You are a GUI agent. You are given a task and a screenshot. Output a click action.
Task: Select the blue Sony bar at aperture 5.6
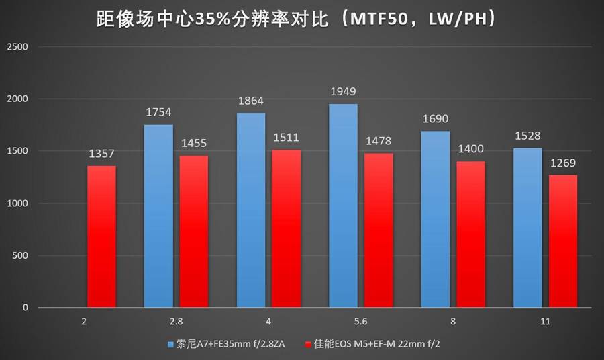(x=343, y=205)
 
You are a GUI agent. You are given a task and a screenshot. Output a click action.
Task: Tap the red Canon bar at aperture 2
(x=101, y=236)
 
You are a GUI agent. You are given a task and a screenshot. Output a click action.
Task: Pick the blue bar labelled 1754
(x=158, y=215)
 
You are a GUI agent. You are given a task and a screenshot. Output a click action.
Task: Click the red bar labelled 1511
(x=287, y=228)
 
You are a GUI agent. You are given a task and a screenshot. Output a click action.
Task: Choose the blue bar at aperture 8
(x=435, y=218)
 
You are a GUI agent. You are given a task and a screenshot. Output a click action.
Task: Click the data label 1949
(x=343, y=92)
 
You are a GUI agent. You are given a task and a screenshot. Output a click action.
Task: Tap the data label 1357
(x=102, y=154)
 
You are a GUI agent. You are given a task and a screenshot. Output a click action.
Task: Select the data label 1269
(x=562, y=163)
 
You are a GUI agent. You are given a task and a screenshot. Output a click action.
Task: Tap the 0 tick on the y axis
(x=25, y=308)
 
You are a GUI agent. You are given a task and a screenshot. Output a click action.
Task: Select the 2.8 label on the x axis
(x=176, y=322)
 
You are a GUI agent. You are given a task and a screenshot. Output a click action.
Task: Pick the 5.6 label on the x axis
(x=360, y=322)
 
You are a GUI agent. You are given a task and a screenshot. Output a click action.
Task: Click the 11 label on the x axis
(x=545, y=322)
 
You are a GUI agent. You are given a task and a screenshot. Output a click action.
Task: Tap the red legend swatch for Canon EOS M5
(x=308, y=345)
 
